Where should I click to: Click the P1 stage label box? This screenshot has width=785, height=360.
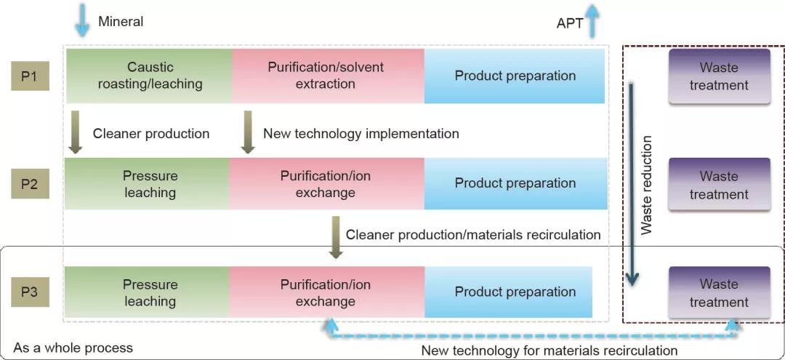[30, 76]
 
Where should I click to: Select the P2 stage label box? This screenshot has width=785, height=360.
[30, 184]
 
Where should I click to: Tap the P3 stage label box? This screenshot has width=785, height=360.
[30, 292]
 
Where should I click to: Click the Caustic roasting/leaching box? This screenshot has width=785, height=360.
[150, 76]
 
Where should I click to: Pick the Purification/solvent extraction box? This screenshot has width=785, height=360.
[326, 76]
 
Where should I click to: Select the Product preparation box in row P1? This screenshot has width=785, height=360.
[515, 76]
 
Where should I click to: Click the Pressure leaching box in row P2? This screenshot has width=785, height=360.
[148, 184]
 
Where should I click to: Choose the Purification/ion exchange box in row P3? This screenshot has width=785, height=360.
[326, 292]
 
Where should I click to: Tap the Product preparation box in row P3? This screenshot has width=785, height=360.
[509, 292]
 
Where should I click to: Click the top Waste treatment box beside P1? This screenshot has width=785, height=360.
[719, 76]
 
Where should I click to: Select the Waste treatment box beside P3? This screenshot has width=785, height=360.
[719, 292]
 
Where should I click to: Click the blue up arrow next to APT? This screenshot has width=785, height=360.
[594, 20]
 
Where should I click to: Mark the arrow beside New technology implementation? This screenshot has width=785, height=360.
[248, 132]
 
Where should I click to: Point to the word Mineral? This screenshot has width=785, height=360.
[121, 21]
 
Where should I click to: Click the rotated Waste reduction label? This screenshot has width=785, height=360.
[647, 185]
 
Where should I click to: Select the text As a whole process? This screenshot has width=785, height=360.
[73, 347]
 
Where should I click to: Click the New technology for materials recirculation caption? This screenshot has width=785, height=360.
[549, 351]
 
